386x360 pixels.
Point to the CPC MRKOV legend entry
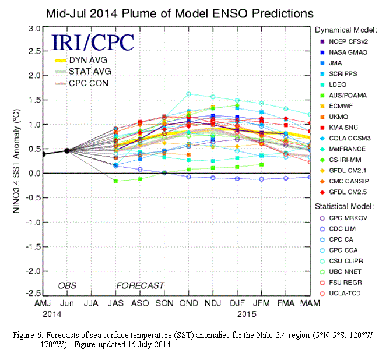(x=348, y=218)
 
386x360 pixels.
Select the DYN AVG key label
(x=88, y=59)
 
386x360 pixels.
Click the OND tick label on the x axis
(x=188, y=304)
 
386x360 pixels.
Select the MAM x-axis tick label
(x=309, y=304)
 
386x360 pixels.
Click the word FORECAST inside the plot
(x=140, y=286)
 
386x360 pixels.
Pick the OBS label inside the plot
(x=68, y=286)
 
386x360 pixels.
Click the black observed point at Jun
(x=67, y=151)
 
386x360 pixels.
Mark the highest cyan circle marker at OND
(x=188, y=94)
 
